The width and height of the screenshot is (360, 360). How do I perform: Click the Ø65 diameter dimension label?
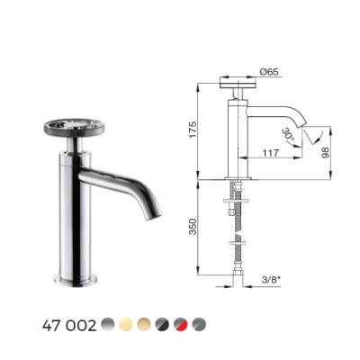[270, 72]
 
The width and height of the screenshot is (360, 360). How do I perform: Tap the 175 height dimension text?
[193, 130]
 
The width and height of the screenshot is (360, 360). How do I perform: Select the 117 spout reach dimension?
[270, 153]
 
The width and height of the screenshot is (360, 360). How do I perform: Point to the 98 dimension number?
[325, 152]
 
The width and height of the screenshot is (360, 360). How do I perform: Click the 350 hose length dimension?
[193, 227]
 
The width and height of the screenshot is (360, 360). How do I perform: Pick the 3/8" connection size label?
[271, 280]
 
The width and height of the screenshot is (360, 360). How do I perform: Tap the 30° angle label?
[288, 134]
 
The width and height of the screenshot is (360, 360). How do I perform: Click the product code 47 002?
[69, 325]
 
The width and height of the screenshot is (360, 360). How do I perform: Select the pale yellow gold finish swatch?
[126, 325]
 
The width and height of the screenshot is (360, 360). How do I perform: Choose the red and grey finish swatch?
[181, 325]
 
